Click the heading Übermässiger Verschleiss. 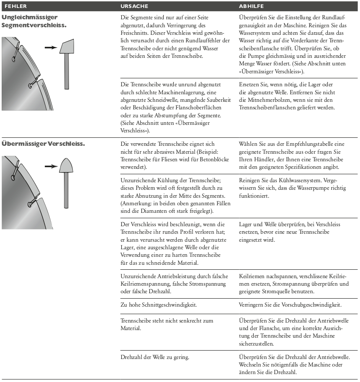click(x=44, y=144)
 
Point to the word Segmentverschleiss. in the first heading click(x=34, y=25)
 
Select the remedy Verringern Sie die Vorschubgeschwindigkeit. click(x=290, y=305)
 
